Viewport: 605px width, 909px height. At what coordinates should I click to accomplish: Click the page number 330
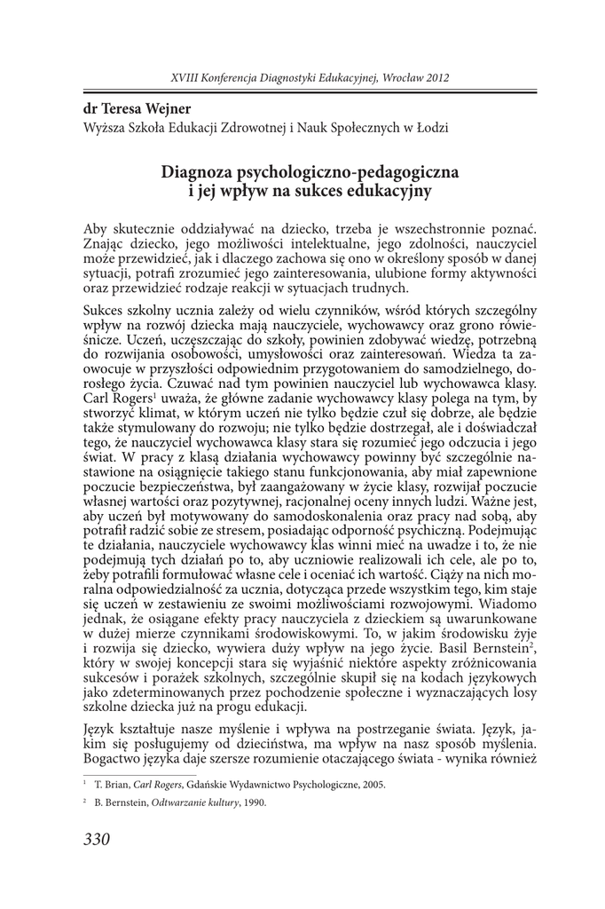96,840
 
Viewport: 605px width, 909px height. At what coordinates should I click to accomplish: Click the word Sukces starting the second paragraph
105,312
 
